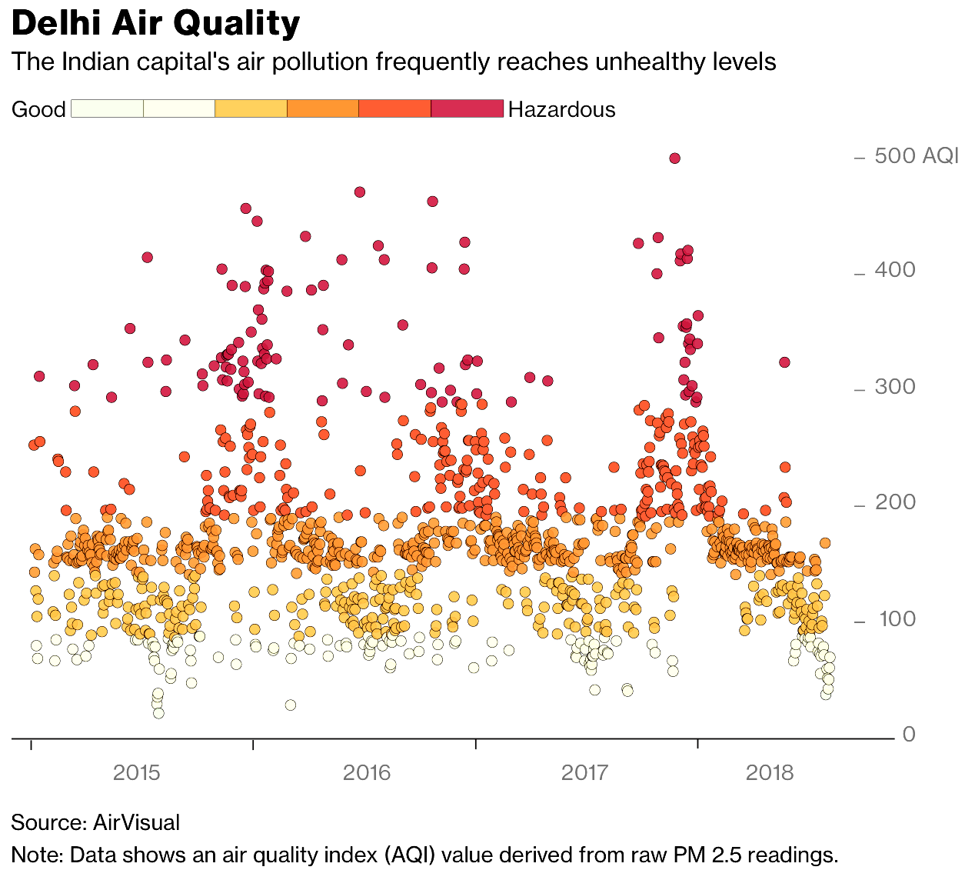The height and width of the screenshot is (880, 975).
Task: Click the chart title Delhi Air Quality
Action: coord(155,25)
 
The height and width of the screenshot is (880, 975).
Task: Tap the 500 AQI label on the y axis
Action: coord(916,156)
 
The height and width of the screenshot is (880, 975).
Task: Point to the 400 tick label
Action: coord(895,270)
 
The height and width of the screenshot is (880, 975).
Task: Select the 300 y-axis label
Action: coord(895,386)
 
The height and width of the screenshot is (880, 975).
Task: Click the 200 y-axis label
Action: coord(895,502)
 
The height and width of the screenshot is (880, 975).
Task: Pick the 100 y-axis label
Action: coord(897,618)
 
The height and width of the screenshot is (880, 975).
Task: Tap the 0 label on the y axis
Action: coord(909,734)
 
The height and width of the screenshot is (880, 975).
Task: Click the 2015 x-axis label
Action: coord(137,772)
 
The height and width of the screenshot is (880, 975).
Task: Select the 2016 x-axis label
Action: coord(367,772)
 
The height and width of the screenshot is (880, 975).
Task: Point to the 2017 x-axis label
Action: coord(585,772)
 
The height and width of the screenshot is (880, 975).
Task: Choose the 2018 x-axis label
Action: coord(770,772)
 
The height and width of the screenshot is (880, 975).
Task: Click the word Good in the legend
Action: coord(38,109)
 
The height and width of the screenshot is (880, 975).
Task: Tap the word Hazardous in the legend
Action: coord(561,109)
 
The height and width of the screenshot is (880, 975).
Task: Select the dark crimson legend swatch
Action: coord(467,108)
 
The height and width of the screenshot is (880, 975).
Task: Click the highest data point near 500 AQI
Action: coord(674,158)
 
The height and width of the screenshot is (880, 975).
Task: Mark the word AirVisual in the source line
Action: coord(136,822)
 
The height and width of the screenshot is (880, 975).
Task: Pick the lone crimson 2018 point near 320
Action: coord(784,362)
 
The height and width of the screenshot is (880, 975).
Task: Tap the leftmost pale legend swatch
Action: coord(107,108)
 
